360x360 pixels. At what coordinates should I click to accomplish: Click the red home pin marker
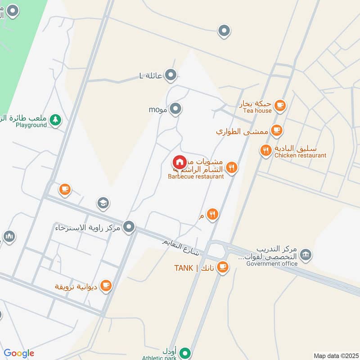click(x=180, y=162)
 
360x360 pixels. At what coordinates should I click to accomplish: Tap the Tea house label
click(x=257, y=111)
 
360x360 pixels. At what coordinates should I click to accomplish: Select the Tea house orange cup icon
click(x=280, y=105)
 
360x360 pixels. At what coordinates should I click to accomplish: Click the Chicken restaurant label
click(x=300, y=155)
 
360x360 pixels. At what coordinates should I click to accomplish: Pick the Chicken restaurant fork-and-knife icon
click(x=266, y=150)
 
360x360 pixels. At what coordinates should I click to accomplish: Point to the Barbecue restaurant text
click(x=196, y=177)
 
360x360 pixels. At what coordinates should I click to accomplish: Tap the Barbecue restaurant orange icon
click(x=232, y=168)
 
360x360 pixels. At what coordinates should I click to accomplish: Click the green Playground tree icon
click(x=55, y=120)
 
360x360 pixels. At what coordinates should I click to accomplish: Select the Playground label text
click(x=31, y=125)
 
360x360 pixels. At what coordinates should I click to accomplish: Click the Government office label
click(x=272, y=264)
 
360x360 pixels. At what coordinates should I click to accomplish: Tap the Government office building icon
click(x=306, y=255)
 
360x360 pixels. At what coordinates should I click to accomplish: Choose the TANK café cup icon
click(x=222, y=268)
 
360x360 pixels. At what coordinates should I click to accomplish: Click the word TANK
click(x=184, y=269)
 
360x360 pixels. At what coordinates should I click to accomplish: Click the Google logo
click(x=19, y=353)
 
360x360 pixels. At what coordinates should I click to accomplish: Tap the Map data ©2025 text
click(x=335, y=356)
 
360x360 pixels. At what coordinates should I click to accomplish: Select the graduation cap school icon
click(x=103, y=203)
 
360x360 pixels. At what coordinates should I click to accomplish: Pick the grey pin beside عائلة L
click(x=170, y=75)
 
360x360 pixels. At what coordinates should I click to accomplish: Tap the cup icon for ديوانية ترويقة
click(x=106, y=286)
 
